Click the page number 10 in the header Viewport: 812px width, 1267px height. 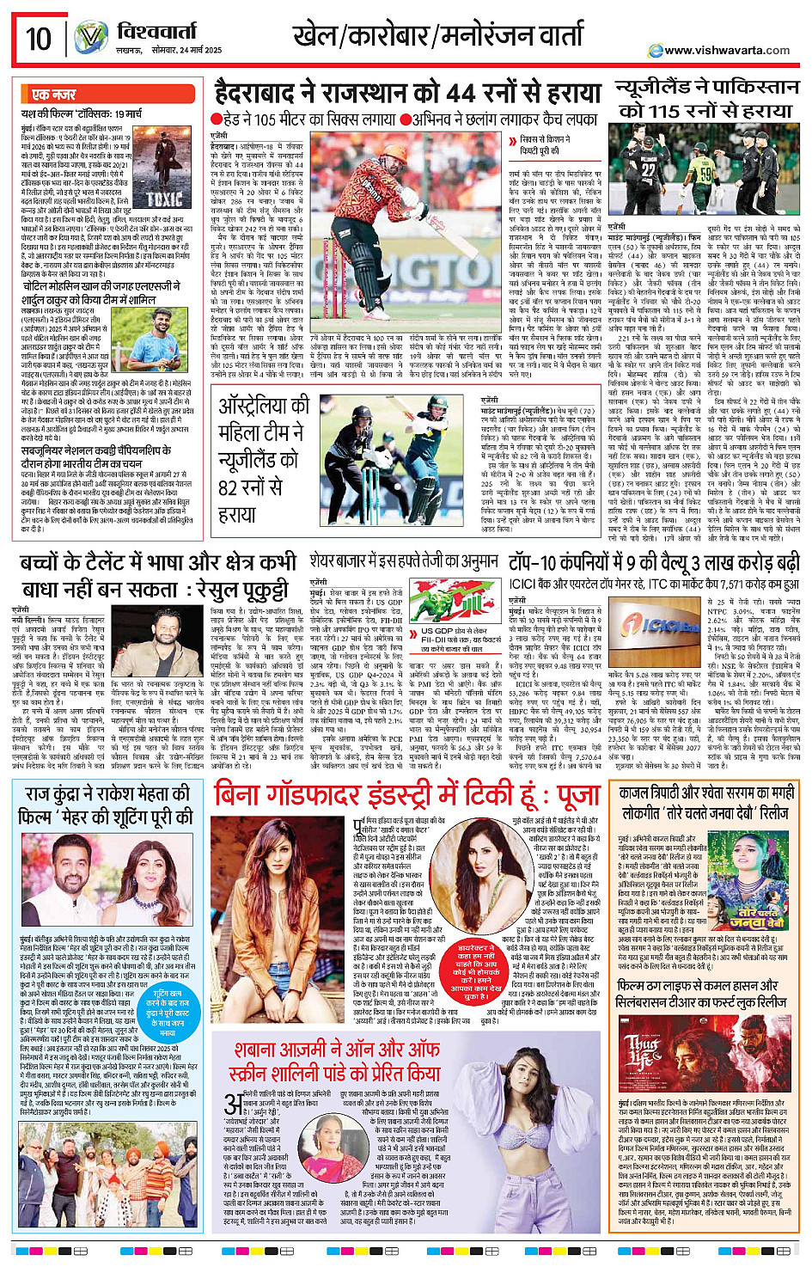(x=39, y=39)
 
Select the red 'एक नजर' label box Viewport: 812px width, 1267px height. (x=53, y=95)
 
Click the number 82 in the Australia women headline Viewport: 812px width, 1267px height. (x=229, y=487)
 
